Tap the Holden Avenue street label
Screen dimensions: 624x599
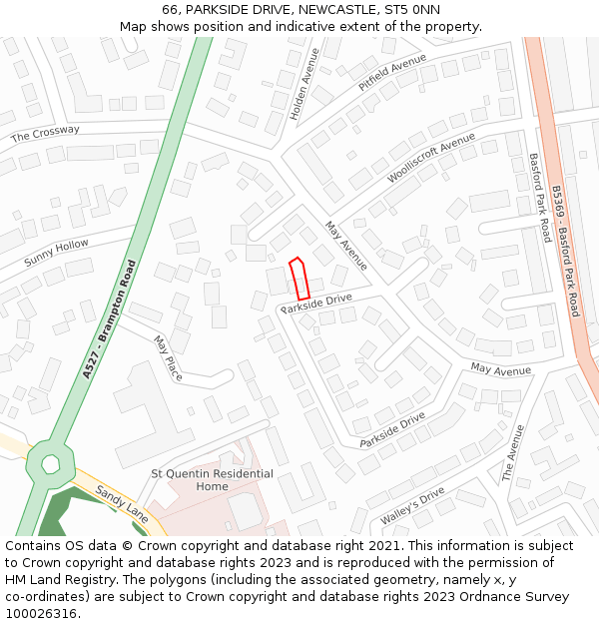coord(306,89)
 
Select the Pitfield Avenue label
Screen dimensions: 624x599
coord(392,73)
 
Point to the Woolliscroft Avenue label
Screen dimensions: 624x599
coord(431,158)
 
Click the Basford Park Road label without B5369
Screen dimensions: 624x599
coord(540,198)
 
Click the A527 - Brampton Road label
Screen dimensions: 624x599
coord(109,319)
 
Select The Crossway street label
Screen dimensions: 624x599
coord(45,133)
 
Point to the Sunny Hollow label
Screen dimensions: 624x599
coord(57,253)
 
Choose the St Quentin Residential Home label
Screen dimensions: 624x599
coord(212,480)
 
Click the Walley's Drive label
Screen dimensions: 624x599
coord(412,506)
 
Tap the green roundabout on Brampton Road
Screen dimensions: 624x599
coord(50,462)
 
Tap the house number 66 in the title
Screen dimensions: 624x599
coord(170,10)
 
